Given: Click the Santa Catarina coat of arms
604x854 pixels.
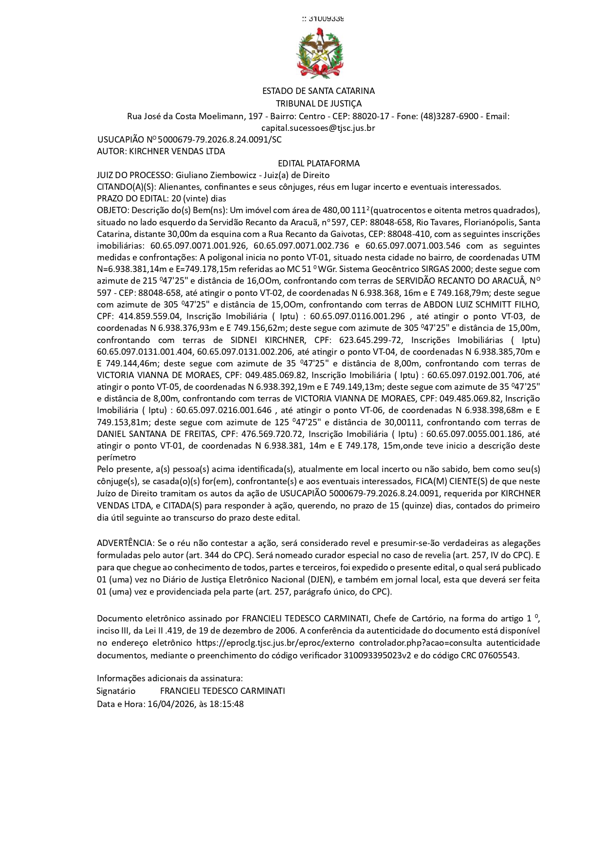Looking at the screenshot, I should pos(319,53).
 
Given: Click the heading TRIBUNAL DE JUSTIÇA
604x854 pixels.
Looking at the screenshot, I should pos(319,104).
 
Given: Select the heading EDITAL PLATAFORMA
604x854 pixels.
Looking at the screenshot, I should pos(319,164).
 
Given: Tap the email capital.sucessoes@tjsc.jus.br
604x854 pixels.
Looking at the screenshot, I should pos(318,128).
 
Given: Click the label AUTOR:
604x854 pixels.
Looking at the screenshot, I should pos(112,151).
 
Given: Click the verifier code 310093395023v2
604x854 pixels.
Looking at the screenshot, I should pos(378,655).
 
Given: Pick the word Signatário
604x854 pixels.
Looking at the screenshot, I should pos(116,691).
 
